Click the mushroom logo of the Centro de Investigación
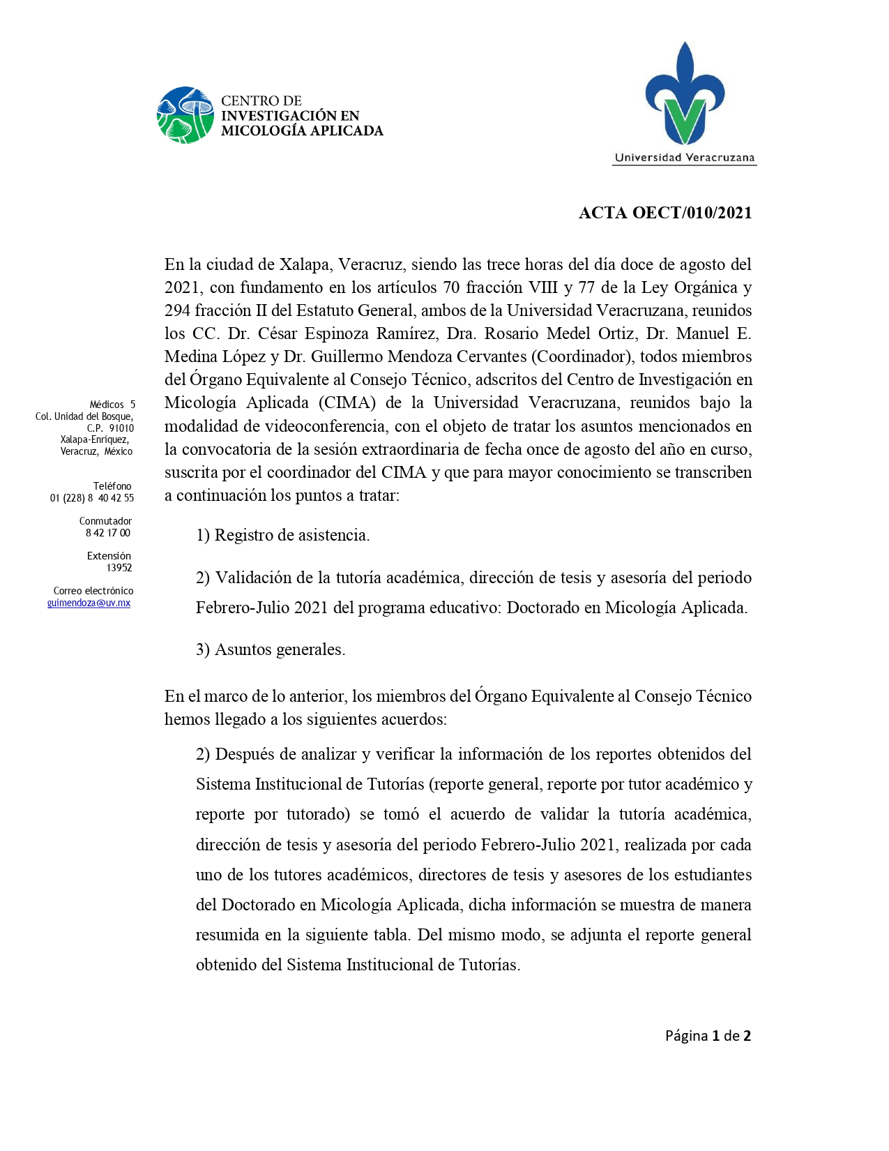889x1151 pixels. coord(185,115)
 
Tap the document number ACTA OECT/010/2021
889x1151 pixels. coord(665,213)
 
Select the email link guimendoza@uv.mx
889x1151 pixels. coord(89,603)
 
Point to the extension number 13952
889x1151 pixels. coord(119,568)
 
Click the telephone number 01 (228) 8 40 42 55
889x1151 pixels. coord(91,498)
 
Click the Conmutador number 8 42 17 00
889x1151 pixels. coord(107,533)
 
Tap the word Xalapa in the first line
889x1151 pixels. coord(305,264)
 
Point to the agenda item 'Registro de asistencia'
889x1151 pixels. coord(291,535)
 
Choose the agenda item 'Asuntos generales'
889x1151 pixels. coord(280,649)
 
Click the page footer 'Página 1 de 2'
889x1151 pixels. coord(708,1036)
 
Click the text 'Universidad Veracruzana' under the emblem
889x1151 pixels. coord(684,158)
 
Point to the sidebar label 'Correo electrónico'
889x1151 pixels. coord(93,591)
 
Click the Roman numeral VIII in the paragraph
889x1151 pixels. coord(543,287)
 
